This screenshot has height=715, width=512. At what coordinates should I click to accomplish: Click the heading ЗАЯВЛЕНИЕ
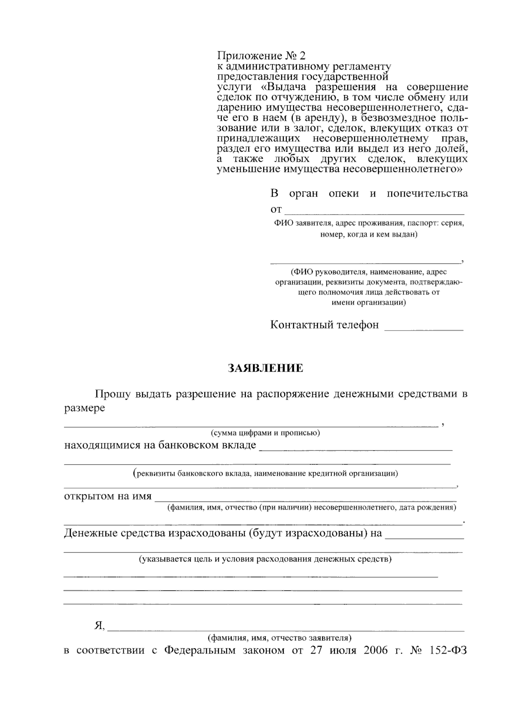(x=265, y=368)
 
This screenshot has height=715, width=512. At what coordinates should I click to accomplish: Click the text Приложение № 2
(x=262, y=56)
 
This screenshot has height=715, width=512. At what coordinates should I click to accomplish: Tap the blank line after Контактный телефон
(x=424, y=329)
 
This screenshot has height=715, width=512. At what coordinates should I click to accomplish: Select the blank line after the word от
(x=374, y=212)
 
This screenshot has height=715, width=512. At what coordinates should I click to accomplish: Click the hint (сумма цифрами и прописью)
(x=265, y=433)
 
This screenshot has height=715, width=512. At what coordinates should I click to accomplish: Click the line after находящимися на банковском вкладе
(x=356, y=449)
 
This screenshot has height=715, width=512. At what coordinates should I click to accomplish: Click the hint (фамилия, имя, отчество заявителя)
(x=279, y=638)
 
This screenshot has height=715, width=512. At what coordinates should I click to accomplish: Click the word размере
(x=84, y=408)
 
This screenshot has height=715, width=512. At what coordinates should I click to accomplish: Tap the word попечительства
(x=427, y=194)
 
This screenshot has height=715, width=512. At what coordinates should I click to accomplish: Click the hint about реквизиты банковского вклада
(x=265, y=473)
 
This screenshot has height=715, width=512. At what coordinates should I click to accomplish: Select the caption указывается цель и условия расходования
(x=265, y=559)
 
